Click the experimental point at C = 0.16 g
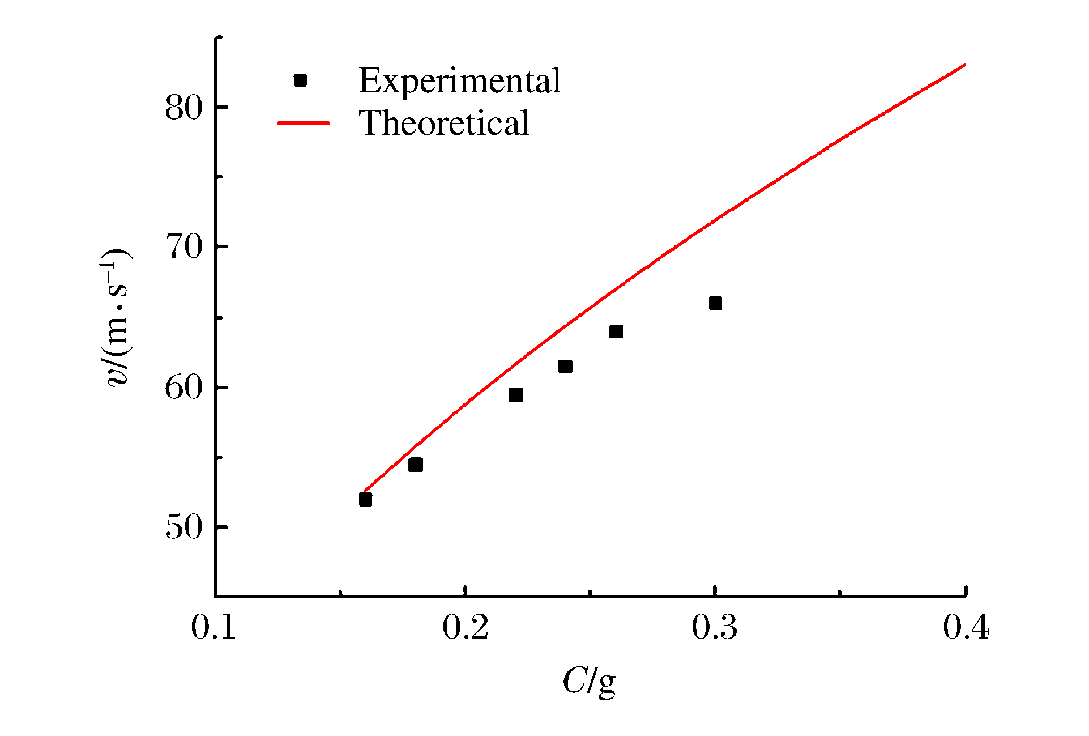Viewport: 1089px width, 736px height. (365, 499)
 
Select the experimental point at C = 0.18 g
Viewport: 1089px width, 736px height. (415, 465)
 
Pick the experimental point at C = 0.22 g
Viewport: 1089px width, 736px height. (515, 395)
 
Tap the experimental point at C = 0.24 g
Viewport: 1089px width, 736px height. (565, 367)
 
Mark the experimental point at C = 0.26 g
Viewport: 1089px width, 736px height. (616, 331)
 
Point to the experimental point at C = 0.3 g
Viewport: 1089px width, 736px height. (715, 303)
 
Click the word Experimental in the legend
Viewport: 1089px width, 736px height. (459, 80)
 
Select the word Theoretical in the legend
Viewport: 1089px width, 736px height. (444, 123)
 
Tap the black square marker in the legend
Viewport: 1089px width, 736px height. (300, 80)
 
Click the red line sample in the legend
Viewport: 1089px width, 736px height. (303, 123)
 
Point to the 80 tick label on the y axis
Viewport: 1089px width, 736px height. (183, 107)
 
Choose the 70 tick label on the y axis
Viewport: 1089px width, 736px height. (183, 247)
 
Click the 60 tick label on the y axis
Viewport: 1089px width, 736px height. (183, 388)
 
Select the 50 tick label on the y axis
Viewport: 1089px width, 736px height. (183, 527)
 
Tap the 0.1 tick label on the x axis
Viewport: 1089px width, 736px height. (213, 628)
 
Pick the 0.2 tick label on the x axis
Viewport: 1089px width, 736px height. (465, 628)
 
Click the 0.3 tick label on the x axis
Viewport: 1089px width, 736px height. (715, 628)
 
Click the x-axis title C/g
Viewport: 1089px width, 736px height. (589, 682)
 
